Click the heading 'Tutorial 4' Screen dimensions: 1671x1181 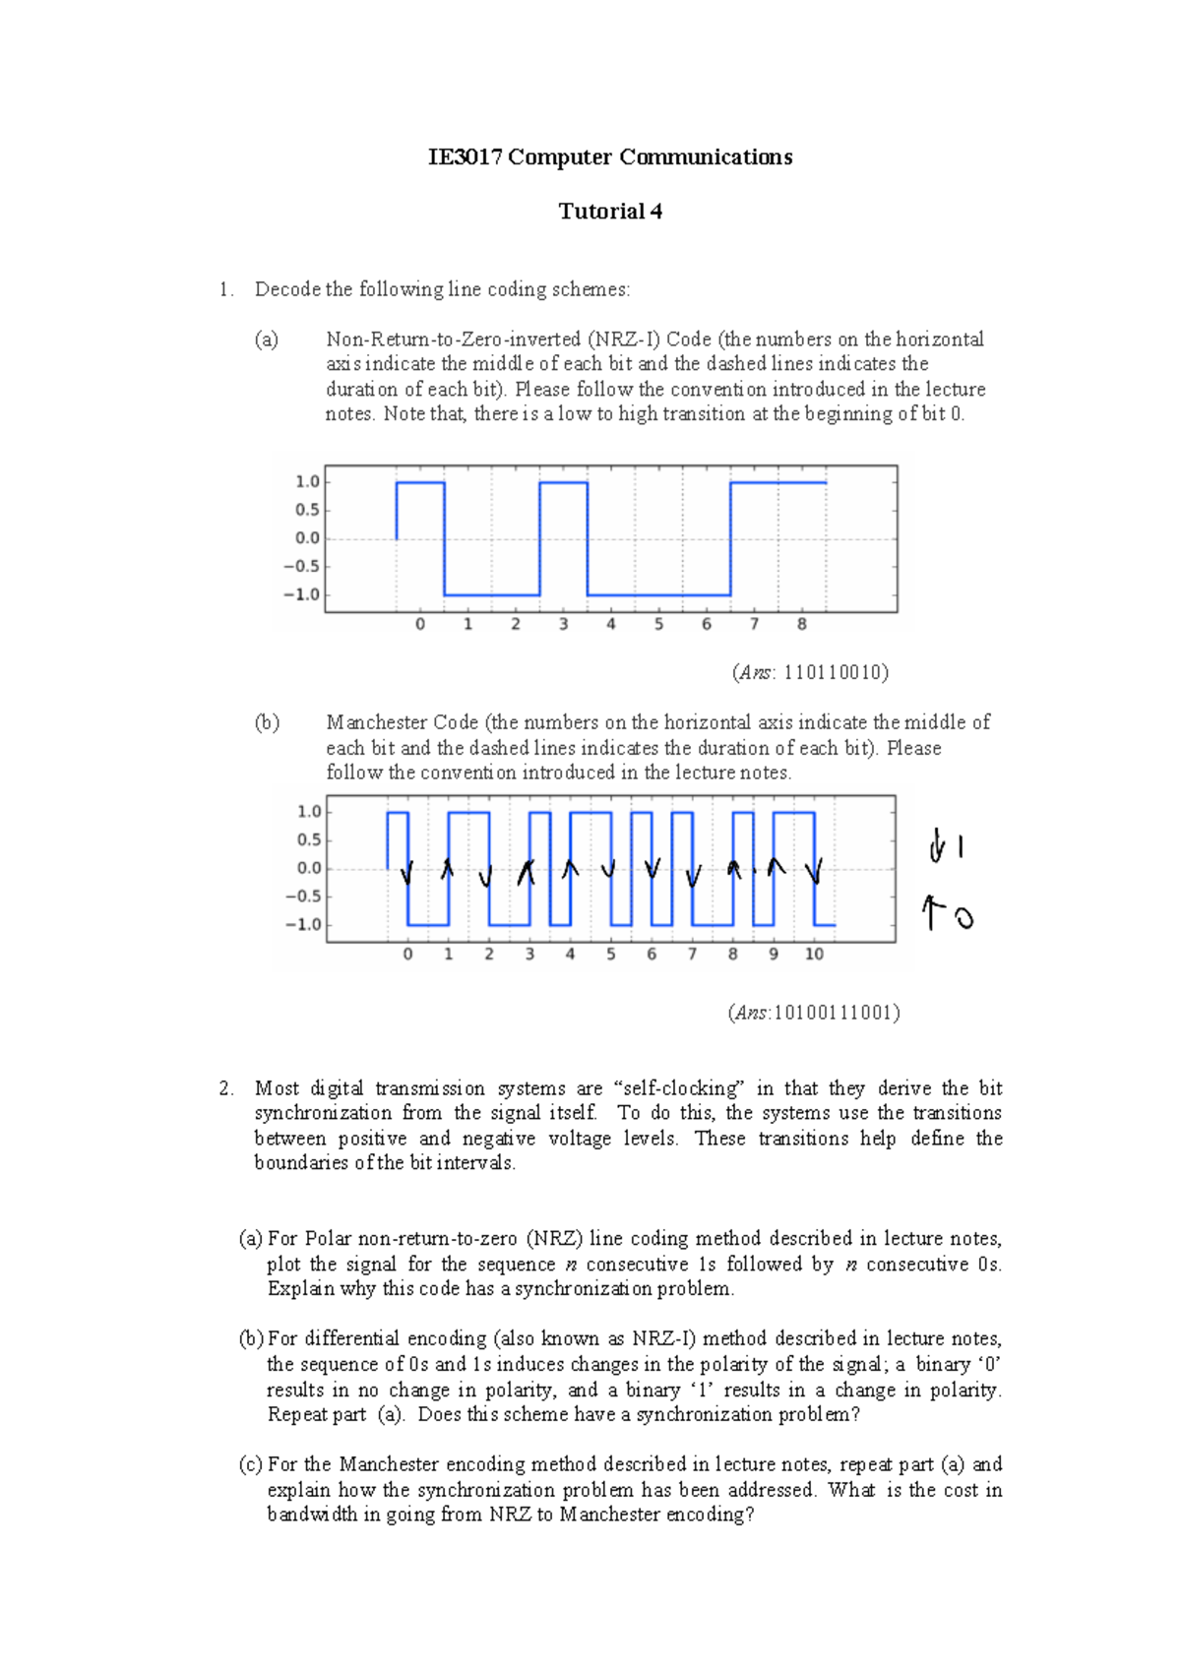[610, 212]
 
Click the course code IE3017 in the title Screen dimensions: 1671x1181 [465, 157]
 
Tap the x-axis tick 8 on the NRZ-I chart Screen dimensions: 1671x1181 [802, 625]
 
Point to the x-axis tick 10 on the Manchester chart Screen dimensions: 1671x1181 [814, 955]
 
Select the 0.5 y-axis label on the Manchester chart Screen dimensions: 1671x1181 [310, 839]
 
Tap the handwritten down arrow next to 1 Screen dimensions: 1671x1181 [936, 847]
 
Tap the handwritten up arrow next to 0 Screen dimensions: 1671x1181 [930, 913]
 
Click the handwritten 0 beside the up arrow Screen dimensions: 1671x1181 [963, 919]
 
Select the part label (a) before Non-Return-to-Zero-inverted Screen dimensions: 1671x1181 [267, 340]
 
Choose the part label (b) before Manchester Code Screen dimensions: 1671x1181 [267, 722]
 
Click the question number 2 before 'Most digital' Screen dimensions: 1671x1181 [226, 1088]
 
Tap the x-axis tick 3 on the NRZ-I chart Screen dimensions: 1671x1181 [563, 625]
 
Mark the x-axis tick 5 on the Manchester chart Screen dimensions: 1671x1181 [610, 955]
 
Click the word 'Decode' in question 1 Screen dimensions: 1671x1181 [287, 289]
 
